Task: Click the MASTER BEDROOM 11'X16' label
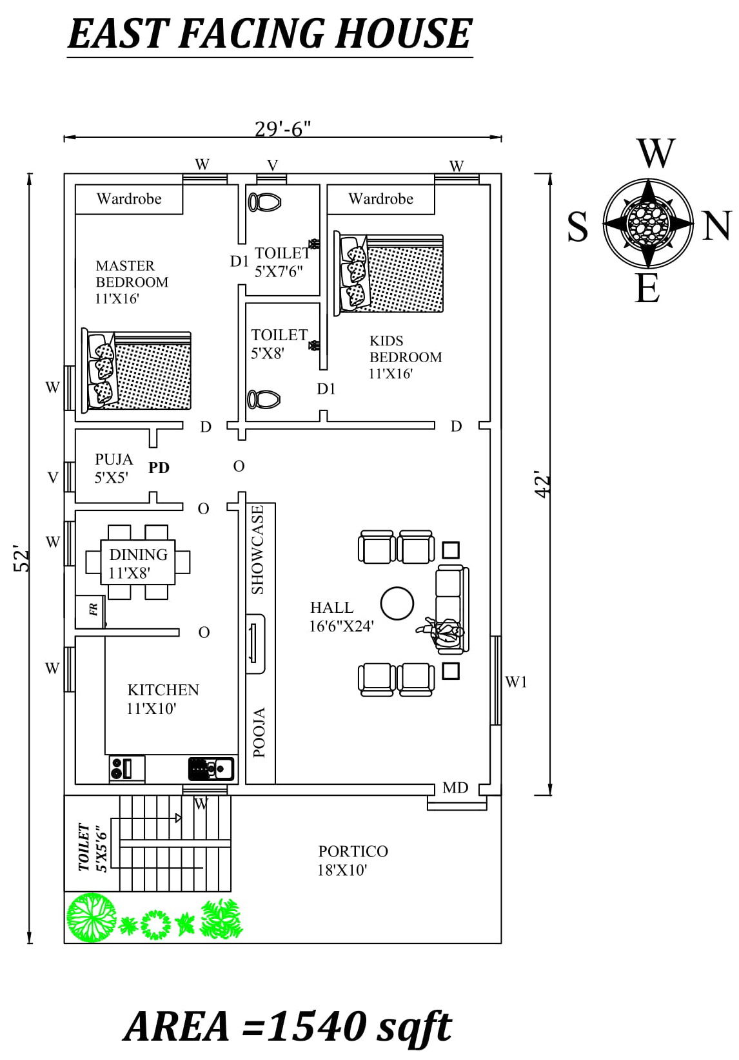click(x=132, y=282)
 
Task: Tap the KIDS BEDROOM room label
click(x=405, y=357)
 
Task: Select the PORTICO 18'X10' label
click(x=353, y=860)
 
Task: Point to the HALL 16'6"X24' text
click(x=341, y=616)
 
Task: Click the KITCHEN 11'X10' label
click(x=163, y=699)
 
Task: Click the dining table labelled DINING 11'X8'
click(x=138, y=562)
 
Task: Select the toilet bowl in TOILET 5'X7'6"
click(x=264, y=202)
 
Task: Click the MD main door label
click(x=455, y=787)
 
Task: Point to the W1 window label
click(x=516, y=682)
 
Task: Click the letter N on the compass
click(x=716, y=226)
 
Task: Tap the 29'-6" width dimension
click(x=282, y=129)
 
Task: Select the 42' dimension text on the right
click(x=543, y=485)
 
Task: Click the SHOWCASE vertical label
click(x=258, y=549)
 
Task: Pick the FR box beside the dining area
click(x=92, y=610)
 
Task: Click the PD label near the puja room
click(x=159, y=468)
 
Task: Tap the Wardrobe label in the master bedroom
click(x=129, y=198)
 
